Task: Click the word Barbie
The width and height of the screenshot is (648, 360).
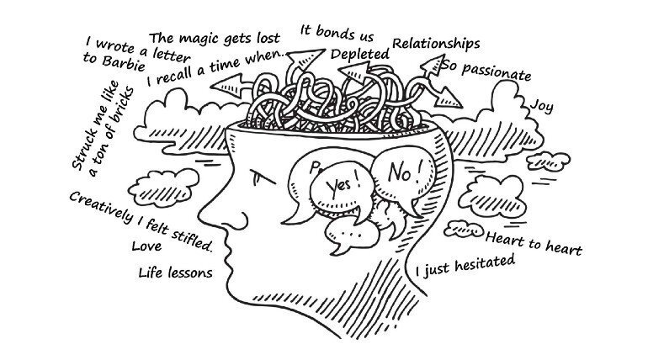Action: tap(124, 63)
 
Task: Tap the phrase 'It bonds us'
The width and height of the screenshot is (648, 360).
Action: tap(337, 33)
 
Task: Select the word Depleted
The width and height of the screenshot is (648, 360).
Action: tap(360, 55)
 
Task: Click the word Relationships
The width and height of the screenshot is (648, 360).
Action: tap(436, 44)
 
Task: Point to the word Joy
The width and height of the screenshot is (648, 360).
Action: tap(542, 107)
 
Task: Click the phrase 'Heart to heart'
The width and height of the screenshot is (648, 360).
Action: tap(534, 244)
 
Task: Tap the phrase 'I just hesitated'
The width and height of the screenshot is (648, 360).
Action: tap(465, 266)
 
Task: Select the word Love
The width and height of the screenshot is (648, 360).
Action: tap(146, 246)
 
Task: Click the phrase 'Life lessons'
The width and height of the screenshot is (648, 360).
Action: tap(175, 273)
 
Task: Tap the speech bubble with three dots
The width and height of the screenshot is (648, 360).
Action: tap(351, 235)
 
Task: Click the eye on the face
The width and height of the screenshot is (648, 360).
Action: tap(261, 177)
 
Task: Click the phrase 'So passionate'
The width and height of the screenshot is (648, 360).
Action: tap(486, 71)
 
